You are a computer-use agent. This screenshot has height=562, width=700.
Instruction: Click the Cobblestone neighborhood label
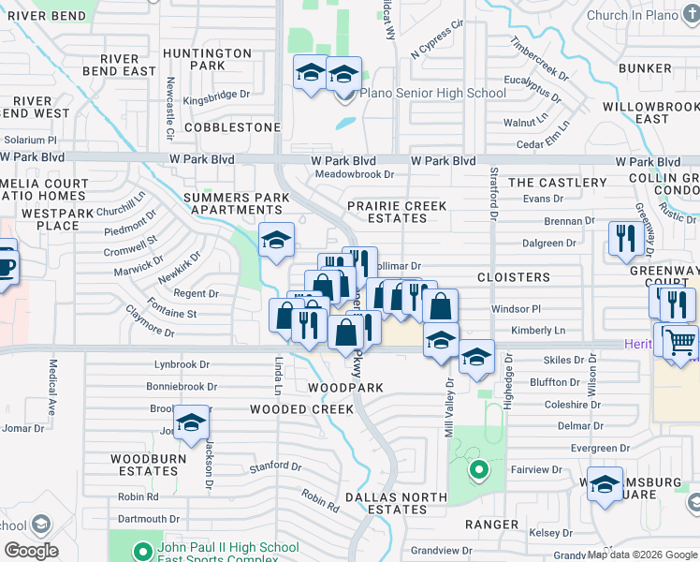click(x=232, y=126)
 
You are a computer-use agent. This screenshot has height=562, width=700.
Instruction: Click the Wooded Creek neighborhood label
click(x=301, y=409)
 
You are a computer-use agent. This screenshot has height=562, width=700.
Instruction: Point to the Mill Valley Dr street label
click(x=448, y=408)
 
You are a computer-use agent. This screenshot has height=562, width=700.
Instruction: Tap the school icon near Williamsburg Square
click(x=605, y=484)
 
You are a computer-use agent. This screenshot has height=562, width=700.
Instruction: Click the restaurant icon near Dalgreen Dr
click(x=623, y=238)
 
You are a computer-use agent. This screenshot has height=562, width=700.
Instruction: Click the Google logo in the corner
click(x=31, y=550)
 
